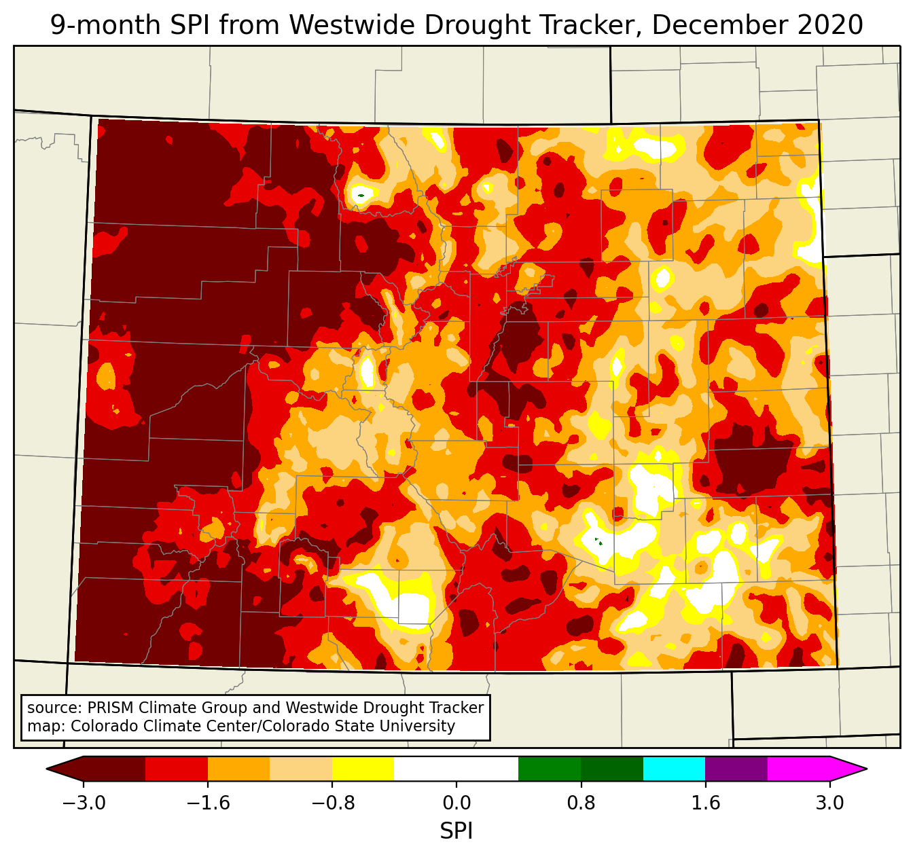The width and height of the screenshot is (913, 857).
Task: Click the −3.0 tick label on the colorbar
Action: pos(84,803)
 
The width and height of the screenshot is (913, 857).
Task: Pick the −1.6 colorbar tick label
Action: pos(208,803)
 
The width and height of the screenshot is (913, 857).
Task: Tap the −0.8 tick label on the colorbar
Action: pos(332,803)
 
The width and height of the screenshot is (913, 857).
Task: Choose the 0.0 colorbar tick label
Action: pos(456,803)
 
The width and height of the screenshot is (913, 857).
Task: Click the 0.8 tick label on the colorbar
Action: pos(581,803)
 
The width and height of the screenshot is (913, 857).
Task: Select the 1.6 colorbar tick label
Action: pos(705,803)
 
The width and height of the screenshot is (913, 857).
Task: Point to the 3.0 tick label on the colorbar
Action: pos(829,803)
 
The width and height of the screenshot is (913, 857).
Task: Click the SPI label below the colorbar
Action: pos(456,831)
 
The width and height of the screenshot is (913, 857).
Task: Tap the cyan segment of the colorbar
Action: pos(674,769)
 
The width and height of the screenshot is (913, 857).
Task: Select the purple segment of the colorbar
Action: pos(736,769)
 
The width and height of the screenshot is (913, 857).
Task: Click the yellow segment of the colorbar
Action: pos(363,769)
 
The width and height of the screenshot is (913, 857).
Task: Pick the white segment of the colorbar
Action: pos(456,769)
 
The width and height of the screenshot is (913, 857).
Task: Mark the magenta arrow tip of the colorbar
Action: pos(849,769)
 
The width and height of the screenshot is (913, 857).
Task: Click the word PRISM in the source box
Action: pos(109,708)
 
